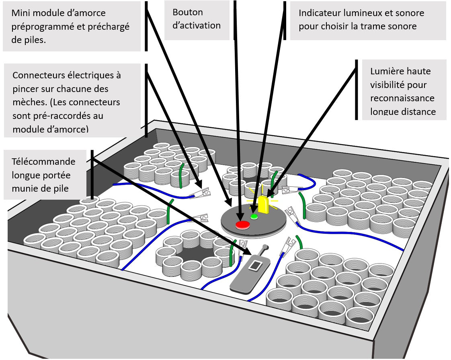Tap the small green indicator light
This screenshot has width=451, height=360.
click(x=254, y=217)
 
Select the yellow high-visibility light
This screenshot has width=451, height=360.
click(x=264, y=204)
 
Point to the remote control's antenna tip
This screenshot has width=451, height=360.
click(x=264, y=246)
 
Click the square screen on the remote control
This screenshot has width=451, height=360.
click(x=255, y=265)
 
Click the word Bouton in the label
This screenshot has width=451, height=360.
click(x=188, y=12)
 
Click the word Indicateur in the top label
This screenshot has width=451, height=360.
click(x=320, y=13)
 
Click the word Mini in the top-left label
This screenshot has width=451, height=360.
click(x=20, y=13)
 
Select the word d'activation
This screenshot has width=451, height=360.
click(x=197, y=26)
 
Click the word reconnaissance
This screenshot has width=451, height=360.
click(x=402, y=98)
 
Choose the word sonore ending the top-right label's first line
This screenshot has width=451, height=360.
click(x=410, y=13)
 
